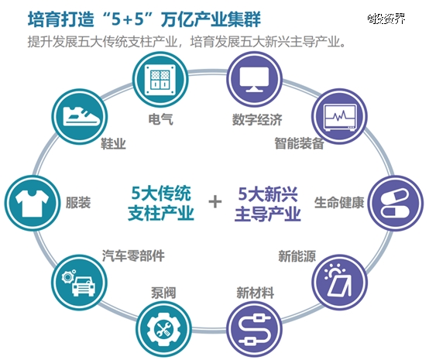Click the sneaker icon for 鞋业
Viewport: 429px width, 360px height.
80,117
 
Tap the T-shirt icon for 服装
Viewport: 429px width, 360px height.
32,203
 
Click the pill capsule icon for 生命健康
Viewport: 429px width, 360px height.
395,203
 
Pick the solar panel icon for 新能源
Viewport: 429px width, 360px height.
339,282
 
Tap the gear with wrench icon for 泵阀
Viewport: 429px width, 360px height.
163,329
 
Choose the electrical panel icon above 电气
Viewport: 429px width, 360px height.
160,79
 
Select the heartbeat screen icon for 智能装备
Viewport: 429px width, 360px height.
339,117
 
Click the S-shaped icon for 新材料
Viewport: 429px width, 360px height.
254,329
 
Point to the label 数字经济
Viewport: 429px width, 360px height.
257,119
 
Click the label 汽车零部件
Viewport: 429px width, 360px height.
133,255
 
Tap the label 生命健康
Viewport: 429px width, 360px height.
339,203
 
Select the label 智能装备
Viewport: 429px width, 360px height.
300,143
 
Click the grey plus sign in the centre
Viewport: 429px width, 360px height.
215,202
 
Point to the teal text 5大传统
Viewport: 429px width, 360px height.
161,193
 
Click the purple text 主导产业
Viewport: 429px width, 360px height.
268,214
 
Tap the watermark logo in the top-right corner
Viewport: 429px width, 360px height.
386,19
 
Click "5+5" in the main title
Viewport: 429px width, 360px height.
128,19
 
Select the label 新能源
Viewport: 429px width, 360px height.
297,256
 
